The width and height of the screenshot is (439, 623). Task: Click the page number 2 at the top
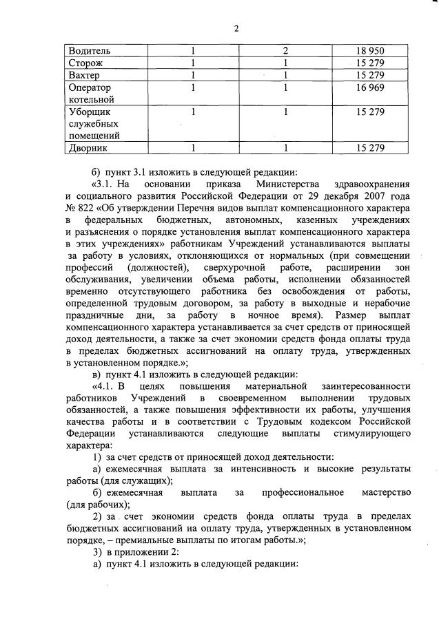coord(236,28)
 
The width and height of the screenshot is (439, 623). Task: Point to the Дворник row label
coord(87,148)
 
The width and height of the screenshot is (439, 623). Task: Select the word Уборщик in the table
coord(90,112)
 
